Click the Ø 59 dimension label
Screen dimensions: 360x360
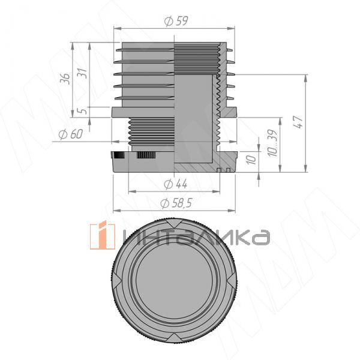[176, 21]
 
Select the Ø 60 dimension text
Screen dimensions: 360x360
[70, 134]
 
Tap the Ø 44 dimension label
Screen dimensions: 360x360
[176, 184]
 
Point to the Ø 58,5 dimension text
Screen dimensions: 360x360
[176, 203]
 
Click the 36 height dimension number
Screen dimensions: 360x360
[65, 79]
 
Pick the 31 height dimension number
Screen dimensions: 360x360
[83, 73]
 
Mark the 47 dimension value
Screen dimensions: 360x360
[298, 122]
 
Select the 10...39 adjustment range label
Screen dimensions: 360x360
[273, 143]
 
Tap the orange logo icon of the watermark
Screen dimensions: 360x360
[102, 235]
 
